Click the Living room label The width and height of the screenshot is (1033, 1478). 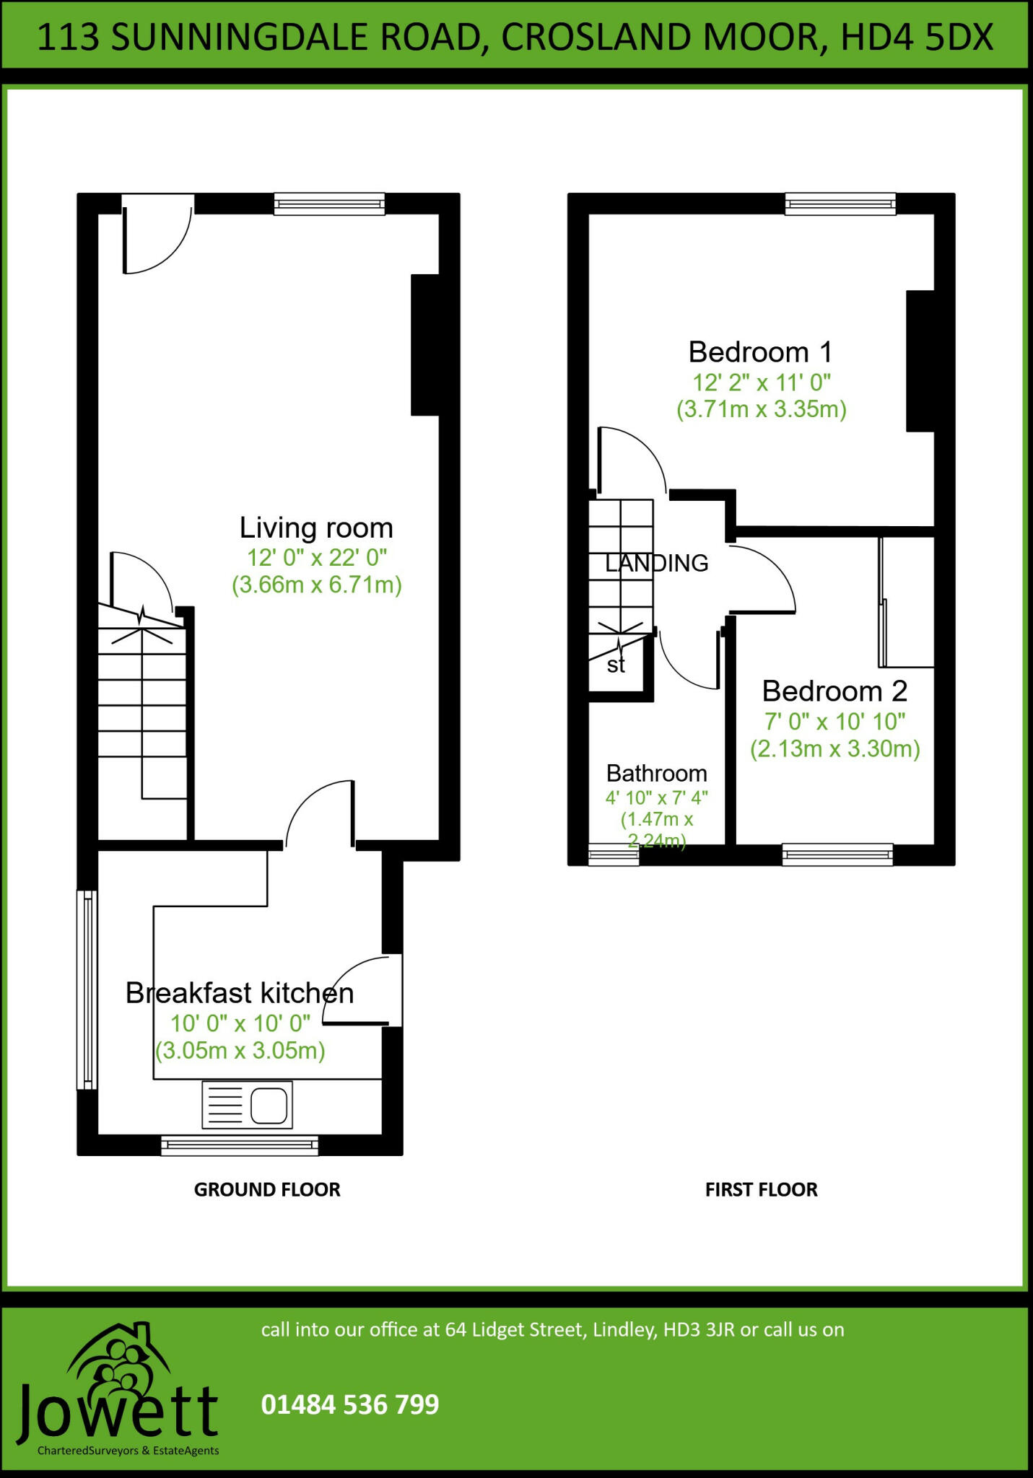pyautogui.click(x=316, y=528)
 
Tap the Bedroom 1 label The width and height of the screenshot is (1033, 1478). pyautogui.click(x=760, y=353)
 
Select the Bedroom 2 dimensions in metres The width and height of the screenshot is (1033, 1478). pyautogui.click(x=834, y=750)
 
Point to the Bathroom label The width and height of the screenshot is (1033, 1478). pyautogui.click(x=656, y=774)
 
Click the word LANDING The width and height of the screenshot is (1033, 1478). pyautogui.click(x=656, y=563)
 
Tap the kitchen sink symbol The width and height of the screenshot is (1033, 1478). pyautogui.click(x=248, y=1105)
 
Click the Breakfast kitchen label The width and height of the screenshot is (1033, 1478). pyautogui.click(x=240, y=994)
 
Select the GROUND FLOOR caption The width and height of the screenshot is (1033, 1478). pyautogui.click(x=267, y=1189)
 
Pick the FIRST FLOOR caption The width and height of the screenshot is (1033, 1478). pyautogui.click(x=761, y=1189)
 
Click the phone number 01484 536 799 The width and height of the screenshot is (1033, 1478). pyautogui.click(x=350, y=1404)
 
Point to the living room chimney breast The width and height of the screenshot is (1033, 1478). pyautogui.click(x=424, y=345)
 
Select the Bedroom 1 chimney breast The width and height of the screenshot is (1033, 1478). pyautogui.click(x=920, y=361)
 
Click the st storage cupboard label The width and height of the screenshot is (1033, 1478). pyautogui.click(x=616, y=665)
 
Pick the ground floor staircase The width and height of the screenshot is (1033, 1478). pyautogui.click(x=143, y=704)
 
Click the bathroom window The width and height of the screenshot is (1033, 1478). pyautogui.click(x=614, y=855)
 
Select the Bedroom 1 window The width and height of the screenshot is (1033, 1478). pyautogui.click(x=840, y=204)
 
